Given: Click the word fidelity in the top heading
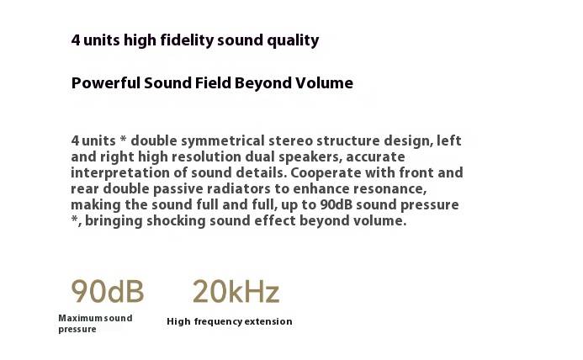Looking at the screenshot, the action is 187,40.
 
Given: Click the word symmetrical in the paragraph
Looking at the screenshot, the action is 223,141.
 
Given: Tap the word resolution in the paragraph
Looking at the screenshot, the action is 206,157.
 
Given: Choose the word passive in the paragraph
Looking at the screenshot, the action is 178,189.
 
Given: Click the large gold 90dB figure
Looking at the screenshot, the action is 108,292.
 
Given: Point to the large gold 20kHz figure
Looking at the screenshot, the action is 236,292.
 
